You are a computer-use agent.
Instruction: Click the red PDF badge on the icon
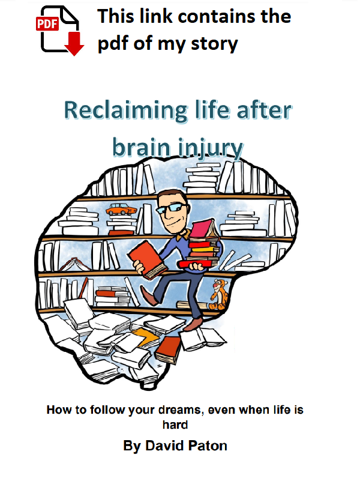(47, 23)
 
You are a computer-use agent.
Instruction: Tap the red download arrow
(74, 44)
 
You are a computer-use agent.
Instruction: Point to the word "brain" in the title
(141, 148)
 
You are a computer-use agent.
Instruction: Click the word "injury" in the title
(211, 148)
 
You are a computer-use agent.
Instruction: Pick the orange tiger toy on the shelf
(218, 294)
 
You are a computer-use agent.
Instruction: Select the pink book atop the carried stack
(203, 229)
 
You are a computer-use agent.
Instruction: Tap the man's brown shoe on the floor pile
(193, 324)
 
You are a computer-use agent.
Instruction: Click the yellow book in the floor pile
(146, 336)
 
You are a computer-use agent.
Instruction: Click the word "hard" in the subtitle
(175, 425)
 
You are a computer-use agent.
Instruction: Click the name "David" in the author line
(160, 446)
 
